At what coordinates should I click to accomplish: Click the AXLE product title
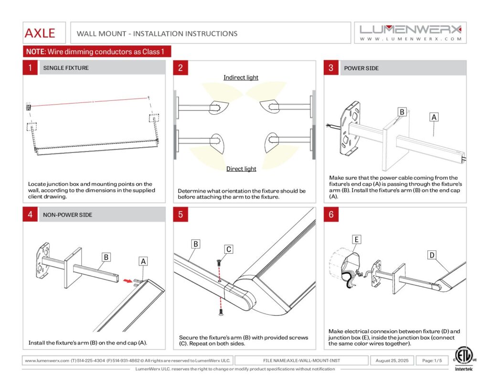(40, 33)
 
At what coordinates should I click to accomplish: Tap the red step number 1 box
(30, 68)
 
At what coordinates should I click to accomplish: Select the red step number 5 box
(181, 215)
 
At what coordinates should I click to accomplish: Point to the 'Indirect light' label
(241, 77)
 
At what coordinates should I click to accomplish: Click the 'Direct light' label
(241, 169)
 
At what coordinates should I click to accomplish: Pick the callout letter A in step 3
(434, 117)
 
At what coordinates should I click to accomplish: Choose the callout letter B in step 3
(402, 112)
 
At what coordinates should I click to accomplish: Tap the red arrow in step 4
(127, 281)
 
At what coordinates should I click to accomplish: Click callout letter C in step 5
(229, 249)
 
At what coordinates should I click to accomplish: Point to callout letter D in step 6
(432, 255)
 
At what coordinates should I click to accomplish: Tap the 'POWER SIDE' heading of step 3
(361, 68)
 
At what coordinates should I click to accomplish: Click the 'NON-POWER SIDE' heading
(68, 215)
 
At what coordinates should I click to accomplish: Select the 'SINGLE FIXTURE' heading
(66, 68)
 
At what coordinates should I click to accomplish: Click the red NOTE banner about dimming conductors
(97, 52)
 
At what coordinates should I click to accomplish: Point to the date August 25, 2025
(392, 360)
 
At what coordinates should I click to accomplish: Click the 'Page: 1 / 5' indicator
(431, 360)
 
